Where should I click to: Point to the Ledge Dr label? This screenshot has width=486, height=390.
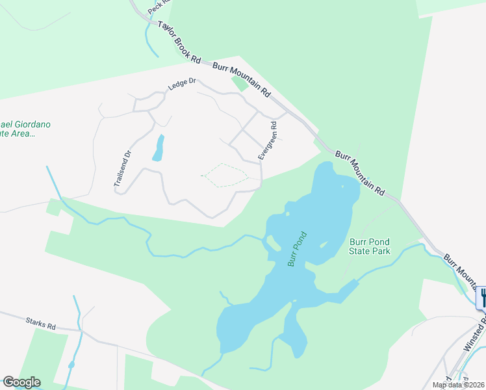(181, 83)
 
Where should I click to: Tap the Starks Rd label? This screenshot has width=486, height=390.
(41, 323)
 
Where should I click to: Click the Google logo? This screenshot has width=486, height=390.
(21, 382)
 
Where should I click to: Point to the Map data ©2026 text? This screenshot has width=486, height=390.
(458, 385)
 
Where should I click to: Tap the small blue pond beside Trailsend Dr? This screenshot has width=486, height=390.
(158, 148)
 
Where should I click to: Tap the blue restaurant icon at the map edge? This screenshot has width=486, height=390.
(481, 298)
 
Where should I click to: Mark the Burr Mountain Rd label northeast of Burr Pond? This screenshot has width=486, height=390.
(361, 173)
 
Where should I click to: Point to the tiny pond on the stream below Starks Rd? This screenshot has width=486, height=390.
(71, 365)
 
